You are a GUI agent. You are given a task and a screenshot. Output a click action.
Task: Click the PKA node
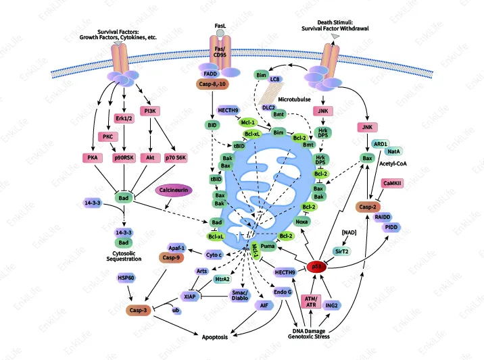[x=92, y=157]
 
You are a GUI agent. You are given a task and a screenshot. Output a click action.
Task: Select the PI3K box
[x=150, y=111]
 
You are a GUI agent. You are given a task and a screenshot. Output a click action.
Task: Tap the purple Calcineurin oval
[x=174, y=191]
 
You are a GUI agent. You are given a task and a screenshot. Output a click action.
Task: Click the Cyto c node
[x=216, y=254]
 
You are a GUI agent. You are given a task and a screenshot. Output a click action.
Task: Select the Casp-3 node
[x=139, y=310]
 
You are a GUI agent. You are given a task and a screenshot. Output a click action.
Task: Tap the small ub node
[x=176, y=311]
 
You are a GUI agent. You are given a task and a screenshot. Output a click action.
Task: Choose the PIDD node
[x=391, y=228]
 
